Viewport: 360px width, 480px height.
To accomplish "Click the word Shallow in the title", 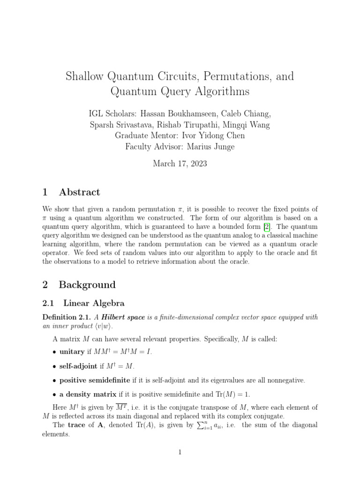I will click(85, 76).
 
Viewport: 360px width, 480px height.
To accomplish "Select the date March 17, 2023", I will click(180, 164).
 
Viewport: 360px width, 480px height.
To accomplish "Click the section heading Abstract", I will click(79, 192).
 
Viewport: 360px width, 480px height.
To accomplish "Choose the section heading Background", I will click(87, 285).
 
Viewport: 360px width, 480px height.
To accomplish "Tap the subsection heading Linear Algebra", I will click(94, 304).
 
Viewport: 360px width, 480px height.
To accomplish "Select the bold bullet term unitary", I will click(72, 352).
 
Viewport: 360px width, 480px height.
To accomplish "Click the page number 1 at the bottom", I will click(180, 452).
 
